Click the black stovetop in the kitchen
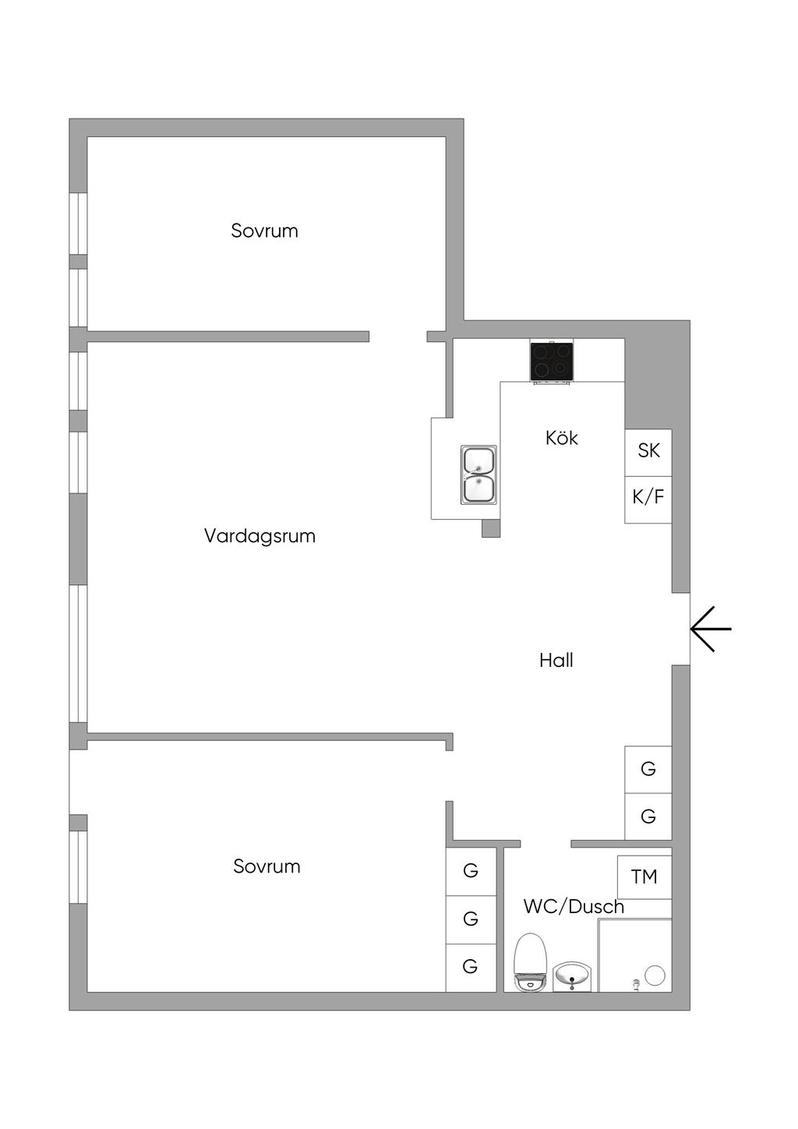coord(552,362)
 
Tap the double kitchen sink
coord(478,475)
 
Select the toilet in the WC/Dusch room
coord(531,962)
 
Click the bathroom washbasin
coord(573,976)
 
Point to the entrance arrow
coord(711,629)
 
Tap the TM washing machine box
coord(644,877)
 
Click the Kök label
coord(562,438)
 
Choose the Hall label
coord(556,661)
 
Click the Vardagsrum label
coord(260,536)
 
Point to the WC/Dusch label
coord(574,906)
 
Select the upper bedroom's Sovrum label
coord(264,231)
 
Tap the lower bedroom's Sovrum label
coord(267,866)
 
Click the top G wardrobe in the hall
coord(648,770)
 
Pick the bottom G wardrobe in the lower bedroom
coord(471,968)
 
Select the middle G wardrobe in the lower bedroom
coord(471,919)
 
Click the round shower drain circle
coord(655,974)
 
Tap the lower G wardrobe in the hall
coord(648,817)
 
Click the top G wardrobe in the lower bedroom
coord(471,871)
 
